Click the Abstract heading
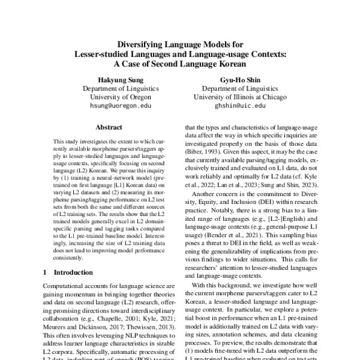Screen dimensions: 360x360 point(108,128)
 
